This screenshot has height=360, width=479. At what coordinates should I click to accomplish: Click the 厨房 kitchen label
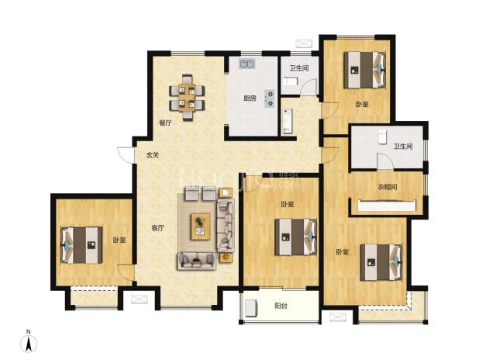coord(250,99)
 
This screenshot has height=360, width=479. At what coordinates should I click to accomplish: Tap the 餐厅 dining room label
coord(165,123)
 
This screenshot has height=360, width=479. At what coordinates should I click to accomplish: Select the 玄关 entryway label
coord(153,155)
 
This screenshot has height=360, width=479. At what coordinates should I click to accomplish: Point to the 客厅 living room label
coord(158,228)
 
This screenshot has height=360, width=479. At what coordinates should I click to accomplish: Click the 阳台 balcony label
coord(281,306)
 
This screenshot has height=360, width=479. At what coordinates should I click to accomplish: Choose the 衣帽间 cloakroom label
coord(388,187)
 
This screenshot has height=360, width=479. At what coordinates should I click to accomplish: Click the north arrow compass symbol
coord(29,343)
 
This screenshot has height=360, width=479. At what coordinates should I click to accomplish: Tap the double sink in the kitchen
coord(247,64)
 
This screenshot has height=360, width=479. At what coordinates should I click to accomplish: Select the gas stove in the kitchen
coord(269,99)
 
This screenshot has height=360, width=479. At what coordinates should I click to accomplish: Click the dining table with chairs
coord(187,98)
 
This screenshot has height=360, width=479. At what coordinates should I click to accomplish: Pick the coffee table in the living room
coord(201,227)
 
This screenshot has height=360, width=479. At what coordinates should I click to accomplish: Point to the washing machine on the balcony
coord(251,308)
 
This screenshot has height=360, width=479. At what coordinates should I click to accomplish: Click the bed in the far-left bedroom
coord(81,245)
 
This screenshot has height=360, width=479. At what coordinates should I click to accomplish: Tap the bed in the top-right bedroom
coord(364,70)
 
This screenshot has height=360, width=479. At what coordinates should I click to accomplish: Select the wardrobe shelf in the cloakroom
coord(387,206)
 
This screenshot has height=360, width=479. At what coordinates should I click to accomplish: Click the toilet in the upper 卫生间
coord(290,82)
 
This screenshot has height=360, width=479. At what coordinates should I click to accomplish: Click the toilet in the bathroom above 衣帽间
coord(382,137)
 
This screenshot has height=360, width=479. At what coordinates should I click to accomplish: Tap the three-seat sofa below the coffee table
coord(197,261)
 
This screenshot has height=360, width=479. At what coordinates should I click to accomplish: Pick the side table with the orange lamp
coord(226,258)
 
